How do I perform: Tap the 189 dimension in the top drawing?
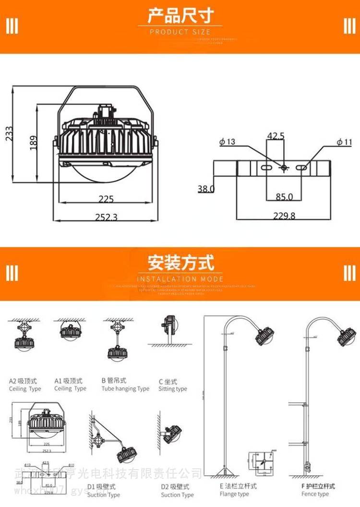(x=33, y=143)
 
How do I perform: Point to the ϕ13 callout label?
(x=227, y=142)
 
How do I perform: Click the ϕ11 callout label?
(x=345, y=142)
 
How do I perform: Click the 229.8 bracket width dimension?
(x=284, y=216)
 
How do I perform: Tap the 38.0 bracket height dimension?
(x=206, y=189)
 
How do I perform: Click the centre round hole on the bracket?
(x=284, y=168)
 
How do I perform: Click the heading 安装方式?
(x=180, y=263)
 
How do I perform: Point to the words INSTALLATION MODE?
(x=180, y=279)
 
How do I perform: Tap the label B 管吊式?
(x=114, y=381)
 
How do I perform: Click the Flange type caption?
(x=234, y=494)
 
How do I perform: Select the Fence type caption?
(x=315, y=494)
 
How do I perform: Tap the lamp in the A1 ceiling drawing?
(x=70, y=332)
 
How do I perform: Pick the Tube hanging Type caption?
(x=125, y=389)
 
